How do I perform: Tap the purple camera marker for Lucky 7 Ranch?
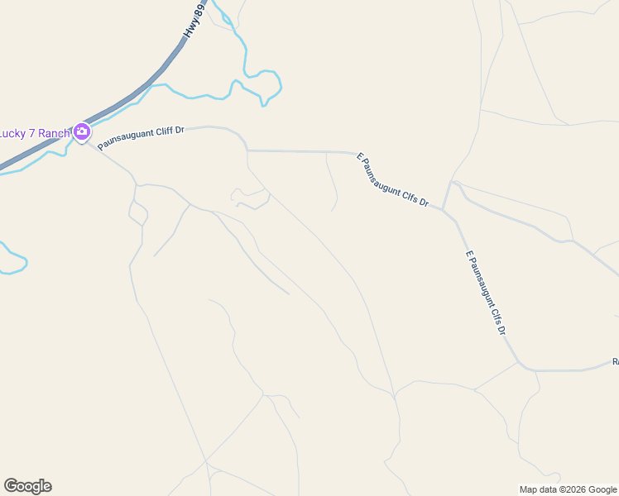click(81, 131)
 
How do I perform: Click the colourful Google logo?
click(27, 486)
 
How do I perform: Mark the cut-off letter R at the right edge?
click(615, 361)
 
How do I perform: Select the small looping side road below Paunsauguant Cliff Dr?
click(248, 198)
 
